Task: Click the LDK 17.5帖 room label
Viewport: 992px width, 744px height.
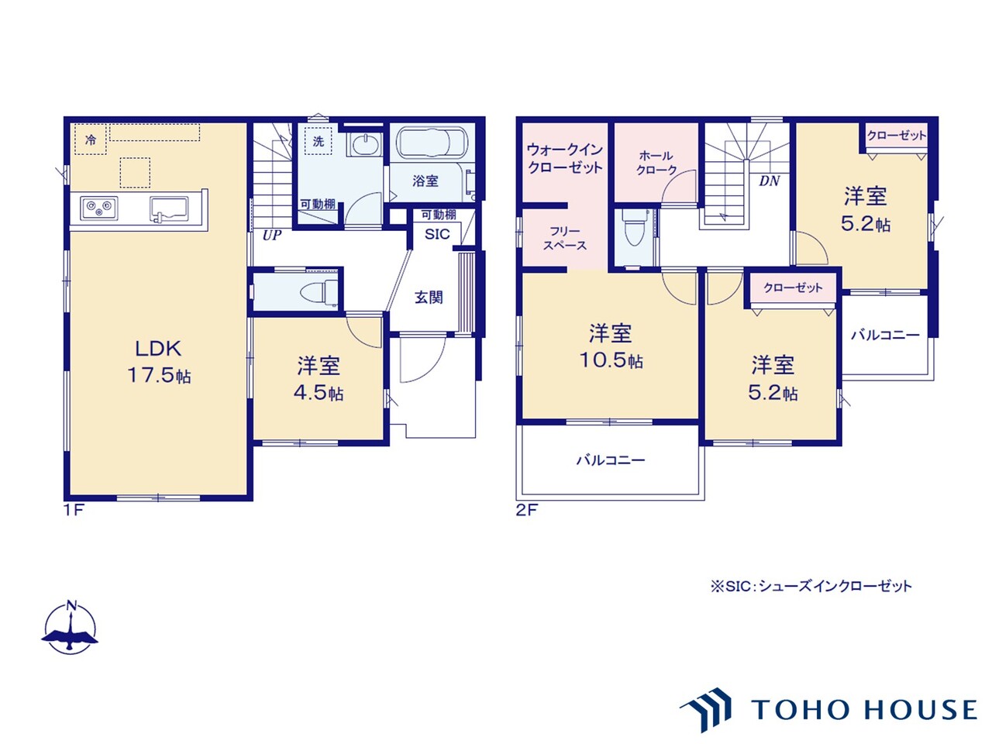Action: pyautogui.click(x=159, y=361)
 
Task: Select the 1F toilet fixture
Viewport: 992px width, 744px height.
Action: pyautogui.click(x=319, y=290)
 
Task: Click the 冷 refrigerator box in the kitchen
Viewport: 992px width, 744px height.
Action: pyautogui.click(x=91, y=139)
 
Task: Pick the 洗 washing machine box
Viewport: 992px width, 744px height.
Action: pyautogui.click(x=319, y=141)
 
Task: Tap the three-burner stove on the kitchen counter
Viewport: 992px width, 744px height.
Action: pyautogui.click(x=99, y=208)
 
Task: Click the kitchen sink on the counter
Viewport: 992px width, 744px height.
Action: pyautogui.click(x=169, y=209)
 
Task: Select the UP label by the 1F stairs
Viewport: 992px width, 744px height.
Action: pyautogui.click(x=271, y=236)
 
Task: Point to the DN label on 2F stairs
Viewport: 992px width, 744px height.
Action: pyautogui.click(x=770, y=181)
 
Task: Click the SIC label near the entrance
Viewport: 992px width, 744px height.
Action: pyautogui.click(x=437, y=234)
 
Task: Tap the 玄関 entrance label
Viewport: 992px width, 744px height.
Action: pyautogui.click(x=429, y=298)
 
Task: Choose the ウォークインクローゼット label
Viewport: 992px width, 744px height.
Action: pyautogui.click(x=565, y=158)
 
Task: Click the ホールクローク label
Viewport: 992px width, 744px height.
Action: pyautogui.click(x=656, y=163)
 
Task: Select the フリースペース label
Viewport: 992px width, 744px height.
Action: pyautogui.click(x=565, y=239)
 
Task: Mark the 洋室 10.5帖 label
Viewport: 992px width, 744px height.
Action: pyautogui.click(x=611, y=346)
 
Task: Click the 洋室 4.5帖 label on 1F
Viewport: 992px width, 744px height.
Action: pyautogui.click(x=319, y=378)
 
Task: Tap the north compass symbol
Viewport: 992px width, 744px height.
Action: pyautogui.click(x=70, y=629)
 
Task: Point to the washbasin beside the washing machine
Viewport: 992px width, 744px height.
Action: pyautogui.click(x=364, y=145)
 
